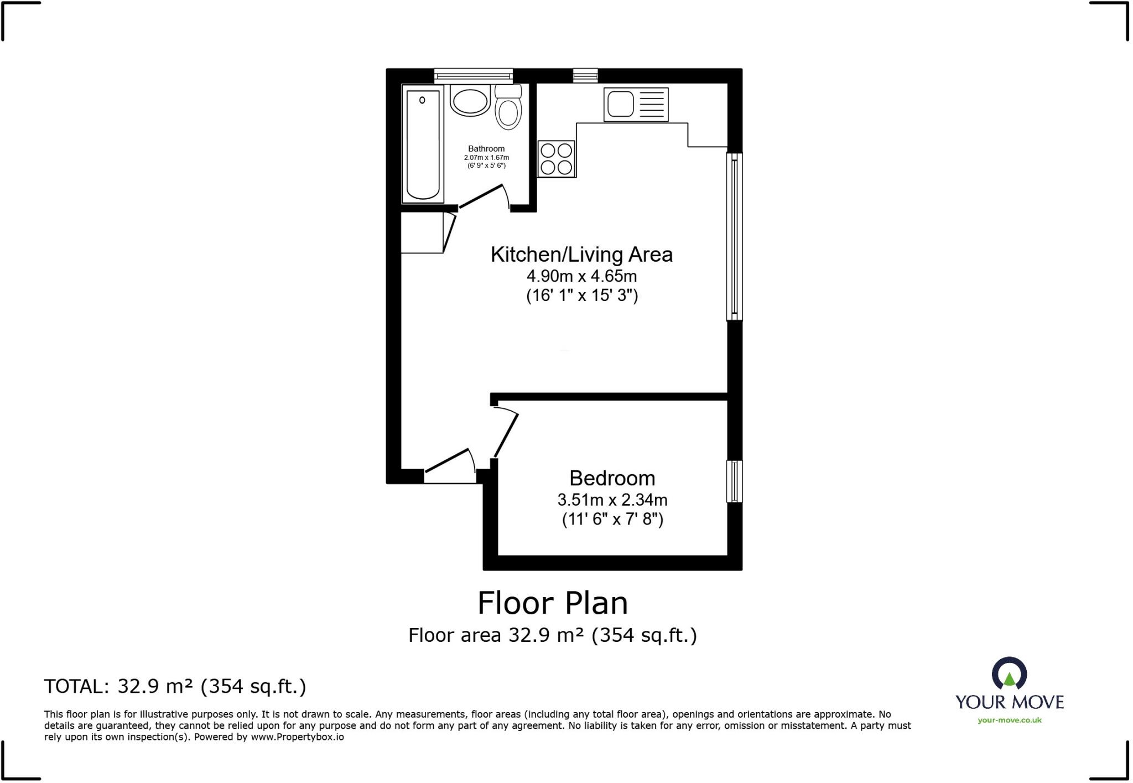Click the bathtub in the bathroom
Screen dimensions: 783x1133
423,144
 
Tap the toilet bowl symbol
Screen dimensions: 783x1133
508,111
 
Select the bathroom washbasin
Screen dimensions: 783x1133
470,101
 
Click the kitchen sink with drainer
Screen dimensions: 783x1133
636,104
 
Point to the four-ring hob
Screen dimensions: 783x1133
557,159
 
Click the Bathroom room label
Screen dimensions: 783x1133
486,148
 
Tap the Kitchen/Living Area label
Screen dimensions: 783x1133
581,255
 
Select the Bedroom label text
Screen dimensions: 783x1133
612,478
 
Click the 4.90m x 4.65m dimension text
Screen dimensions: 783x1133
581,276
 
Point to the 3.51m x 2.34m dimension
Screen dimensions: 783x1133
612,500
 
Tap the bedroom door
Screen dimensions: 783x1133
506,434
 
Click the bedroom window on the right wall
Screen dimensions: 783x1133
734,481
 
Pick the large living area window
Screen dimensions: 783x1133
734,237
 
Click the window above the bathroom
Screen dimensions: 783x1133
473,76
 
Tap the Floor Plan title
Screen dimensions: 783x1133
552,603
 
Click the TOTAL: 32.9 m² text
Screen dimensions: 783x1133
175,686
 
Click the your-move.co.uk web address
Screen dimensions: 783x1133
1009,720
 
